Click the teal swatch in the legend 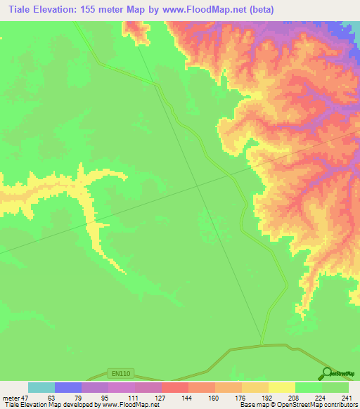[x=41, y=387]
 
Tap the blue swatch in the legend [x=68, y=387]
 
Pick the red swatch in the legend [x=175, y=387]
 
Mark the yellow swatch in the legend [x=282, y=387]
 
